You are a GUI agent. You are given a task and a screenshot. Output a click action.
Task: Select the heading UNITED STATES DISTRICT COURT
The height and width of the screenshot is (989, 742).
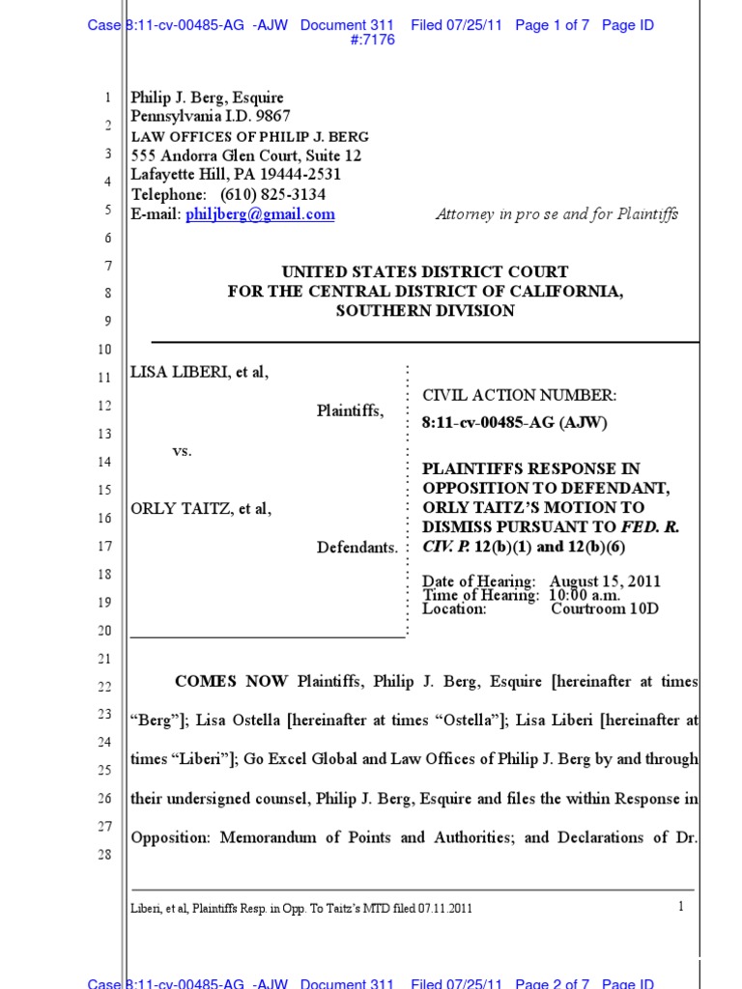[424, 272]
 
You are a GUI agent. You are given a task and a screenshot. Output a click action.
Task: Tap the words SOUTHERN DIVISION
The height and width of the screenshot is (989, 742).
[424, 311]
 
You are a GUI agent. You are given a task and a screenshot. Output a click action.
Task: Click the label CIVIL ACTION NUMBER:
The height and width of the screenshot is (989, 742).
[519, 395]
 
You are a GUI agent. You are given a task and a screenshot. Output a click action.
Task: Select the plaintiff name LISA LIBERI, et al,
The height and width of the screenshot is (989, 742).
[199, 374]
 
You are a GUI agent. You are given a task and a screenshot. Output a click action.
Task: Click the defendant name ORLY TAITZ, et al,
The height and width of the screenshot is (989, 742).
[201, 509]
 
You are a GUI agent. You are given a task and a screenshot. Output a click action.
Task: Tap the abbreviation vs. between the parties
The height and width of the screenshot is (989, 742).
[182, 451]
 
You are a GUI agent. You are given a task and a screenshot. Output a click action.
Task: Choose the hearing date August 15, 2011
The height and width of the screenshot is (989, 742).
[606, 581]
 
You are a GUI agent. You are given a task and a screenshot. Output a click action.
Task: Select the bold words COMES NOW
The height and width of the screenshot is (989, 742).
[231, 682]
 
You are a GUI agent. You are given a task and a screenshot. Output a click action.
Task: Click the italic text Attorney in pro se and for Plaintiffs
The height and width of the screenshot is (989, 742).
[556, 214]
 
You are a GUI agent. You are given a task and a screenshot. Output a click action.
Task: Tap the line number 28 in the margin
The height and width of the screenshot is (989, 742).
[106, 855]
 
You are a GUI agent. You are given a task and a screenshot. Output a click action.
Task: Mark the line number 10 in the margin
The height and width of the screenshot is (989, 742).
[106, 349]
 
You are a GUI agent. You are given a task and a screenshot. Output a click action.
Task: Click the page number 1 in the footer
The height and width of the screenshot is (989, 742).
[681, 906]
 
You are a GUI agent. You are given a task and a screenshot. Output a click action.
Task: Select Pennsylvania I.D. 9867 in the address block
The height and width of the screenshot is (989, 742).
[211, 117]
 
